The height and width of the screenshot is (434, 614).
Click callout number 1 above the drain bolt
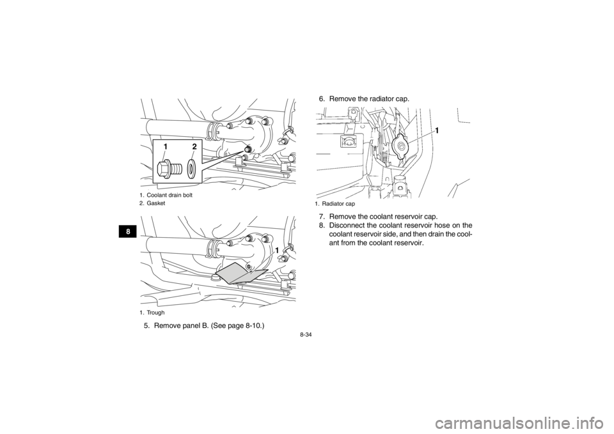[165, 147]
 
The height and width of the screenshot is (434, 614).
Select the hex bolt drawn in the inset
[168, 169]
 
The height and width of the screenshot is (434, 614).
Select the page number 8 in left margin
[129, 232]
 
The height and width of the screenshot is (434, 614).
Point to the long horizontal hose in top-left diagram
[173, 125]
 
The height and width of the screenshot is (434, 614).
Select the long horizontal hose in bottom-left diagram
[173, 243]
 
